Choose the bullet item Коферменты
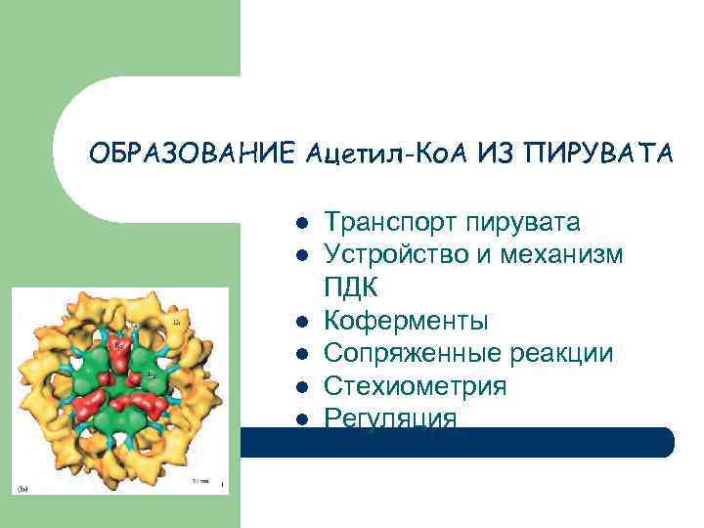click(x=406, y=321)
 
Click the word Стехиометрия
click(x=415, y=386)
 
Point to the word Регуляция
click(x=390, y=418)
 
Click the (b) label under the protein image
click(x=22, y=485)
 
